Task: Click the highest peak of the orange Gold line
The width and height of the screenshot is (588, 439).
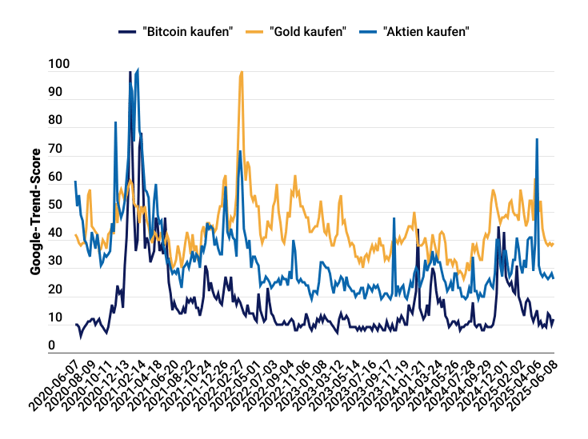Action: point(242,72)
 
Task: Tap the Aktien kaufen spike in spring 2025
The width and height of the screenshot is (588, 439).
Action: point(537,140)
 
